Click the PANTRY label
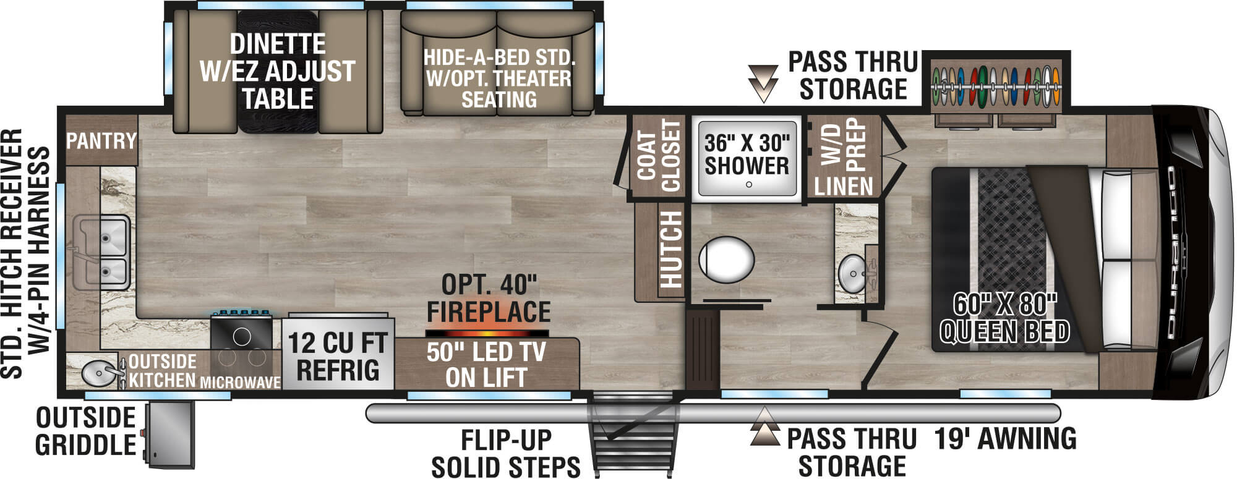click(101, 141)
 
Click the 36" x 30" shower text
click(747, 155)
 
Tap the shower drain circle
click(749, 184)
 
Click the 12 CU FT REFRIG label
click(338, 356)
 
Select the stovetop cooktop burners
click(242, 346)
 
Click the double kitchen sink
click(103, 253)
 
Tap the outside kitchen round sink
click(96, 373)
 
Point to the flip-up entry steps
click(631, 433)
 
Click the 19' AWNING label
click(1005, 438)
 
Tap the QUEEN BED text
click(1004, 333)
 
